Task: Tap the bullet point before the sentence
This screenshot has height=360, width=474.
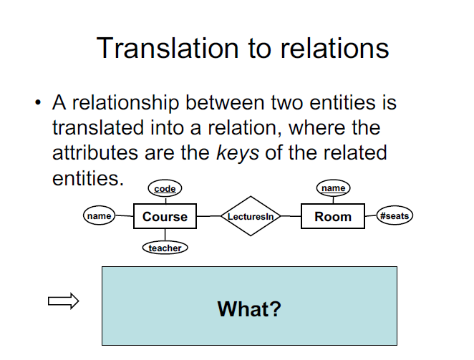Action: click(x=37, y=103)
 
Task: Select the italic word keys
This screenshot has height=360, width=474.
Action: click(x=238, y=153)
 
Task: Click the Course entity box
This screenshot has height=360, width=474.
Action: click(x=165, y=217)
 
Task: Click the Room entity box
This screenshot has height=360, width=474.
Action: click(x=333, y=217)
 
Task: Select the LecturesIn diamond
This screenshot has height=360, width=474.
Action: click(x=250, y=216)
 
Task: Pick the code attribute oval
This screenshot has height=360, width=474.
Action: click(x=165, y=189)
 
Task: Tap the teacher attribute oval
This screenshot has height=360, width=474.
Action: click(x=165, y=248)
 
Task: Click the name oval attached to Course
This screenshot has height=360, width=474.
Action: click(x=99, y=215)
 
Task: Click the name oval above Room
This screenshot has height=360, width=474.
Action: click(x=333, y=188)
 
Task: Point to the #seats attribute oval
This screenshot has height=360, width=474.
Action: click(x=395, y=215)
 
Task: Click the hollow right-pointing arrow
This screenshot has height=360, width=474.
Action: click(x=63, y=302)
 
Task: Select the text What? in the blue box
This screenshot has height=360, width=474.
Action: click(x=249, y=309)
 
